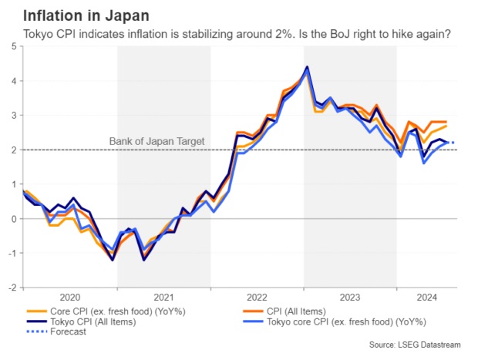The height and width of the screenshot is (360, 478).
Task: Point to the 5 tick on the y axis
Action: point(13,46)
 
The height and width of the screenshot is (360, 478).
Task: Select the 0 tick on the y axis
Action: point(13,218)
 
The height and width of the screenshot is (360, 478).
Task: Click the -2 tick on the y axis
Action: point(11,287)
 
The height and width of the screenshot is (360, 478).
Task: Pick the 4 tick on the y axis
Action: point(13,81)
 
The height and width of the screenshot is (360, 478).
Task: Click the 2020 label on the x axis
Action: point(69,297)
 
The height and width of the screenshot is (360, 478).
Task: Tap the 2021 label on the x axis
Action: point(163,297)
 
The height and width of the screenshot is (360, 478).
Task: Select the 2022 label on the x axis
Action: point(256,297)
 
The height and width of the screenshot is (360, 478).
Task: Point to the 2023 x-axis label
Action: point(349,297)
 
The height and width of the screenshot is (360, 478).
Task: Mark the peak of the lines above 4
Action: point(308,67)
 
